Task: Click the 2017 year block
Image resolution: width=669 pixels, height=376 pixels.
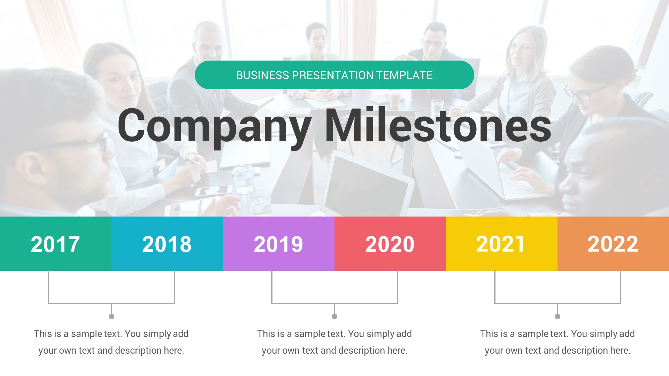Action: click(x=55, y=244)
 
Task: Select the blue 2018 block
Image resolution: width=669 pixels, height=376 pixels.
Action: click(x=167, y=244)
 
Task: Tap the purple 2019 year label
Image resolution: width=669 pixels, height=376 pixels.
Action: click(x=278, y=244)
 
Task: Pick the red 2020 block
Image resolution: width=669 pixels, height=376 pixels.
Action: click(x=390, y=244)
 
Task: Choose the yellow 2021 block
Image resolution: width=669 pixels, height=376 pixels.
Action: click(x=501, y=244)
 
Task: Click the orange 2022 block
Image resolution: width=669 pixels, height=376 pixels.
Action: click(x=613, y=244)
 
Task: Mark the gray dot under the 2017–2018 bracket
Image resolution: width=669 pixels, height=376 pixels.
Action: click(x=111, y=316)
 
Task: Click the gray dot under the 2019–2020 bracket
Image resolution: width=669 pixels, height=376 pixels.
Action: click(x=334, y=316)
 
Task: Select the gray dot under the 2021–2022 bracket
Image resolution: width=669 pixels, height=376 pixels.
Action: click(x=557, y=316)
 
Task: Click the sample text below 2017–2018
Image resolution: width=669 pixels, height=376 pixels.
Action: click(x=111, y=342)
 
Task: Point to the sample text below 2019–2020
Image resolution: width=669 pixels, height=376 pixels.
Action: click(x=334, y=342)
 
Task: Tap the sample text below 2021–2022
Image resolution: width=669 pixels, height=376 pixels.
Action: click(x=557, y=342)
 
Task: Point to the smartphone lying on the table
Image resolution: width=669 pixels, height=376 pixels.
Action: click(x=213, y=191)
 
